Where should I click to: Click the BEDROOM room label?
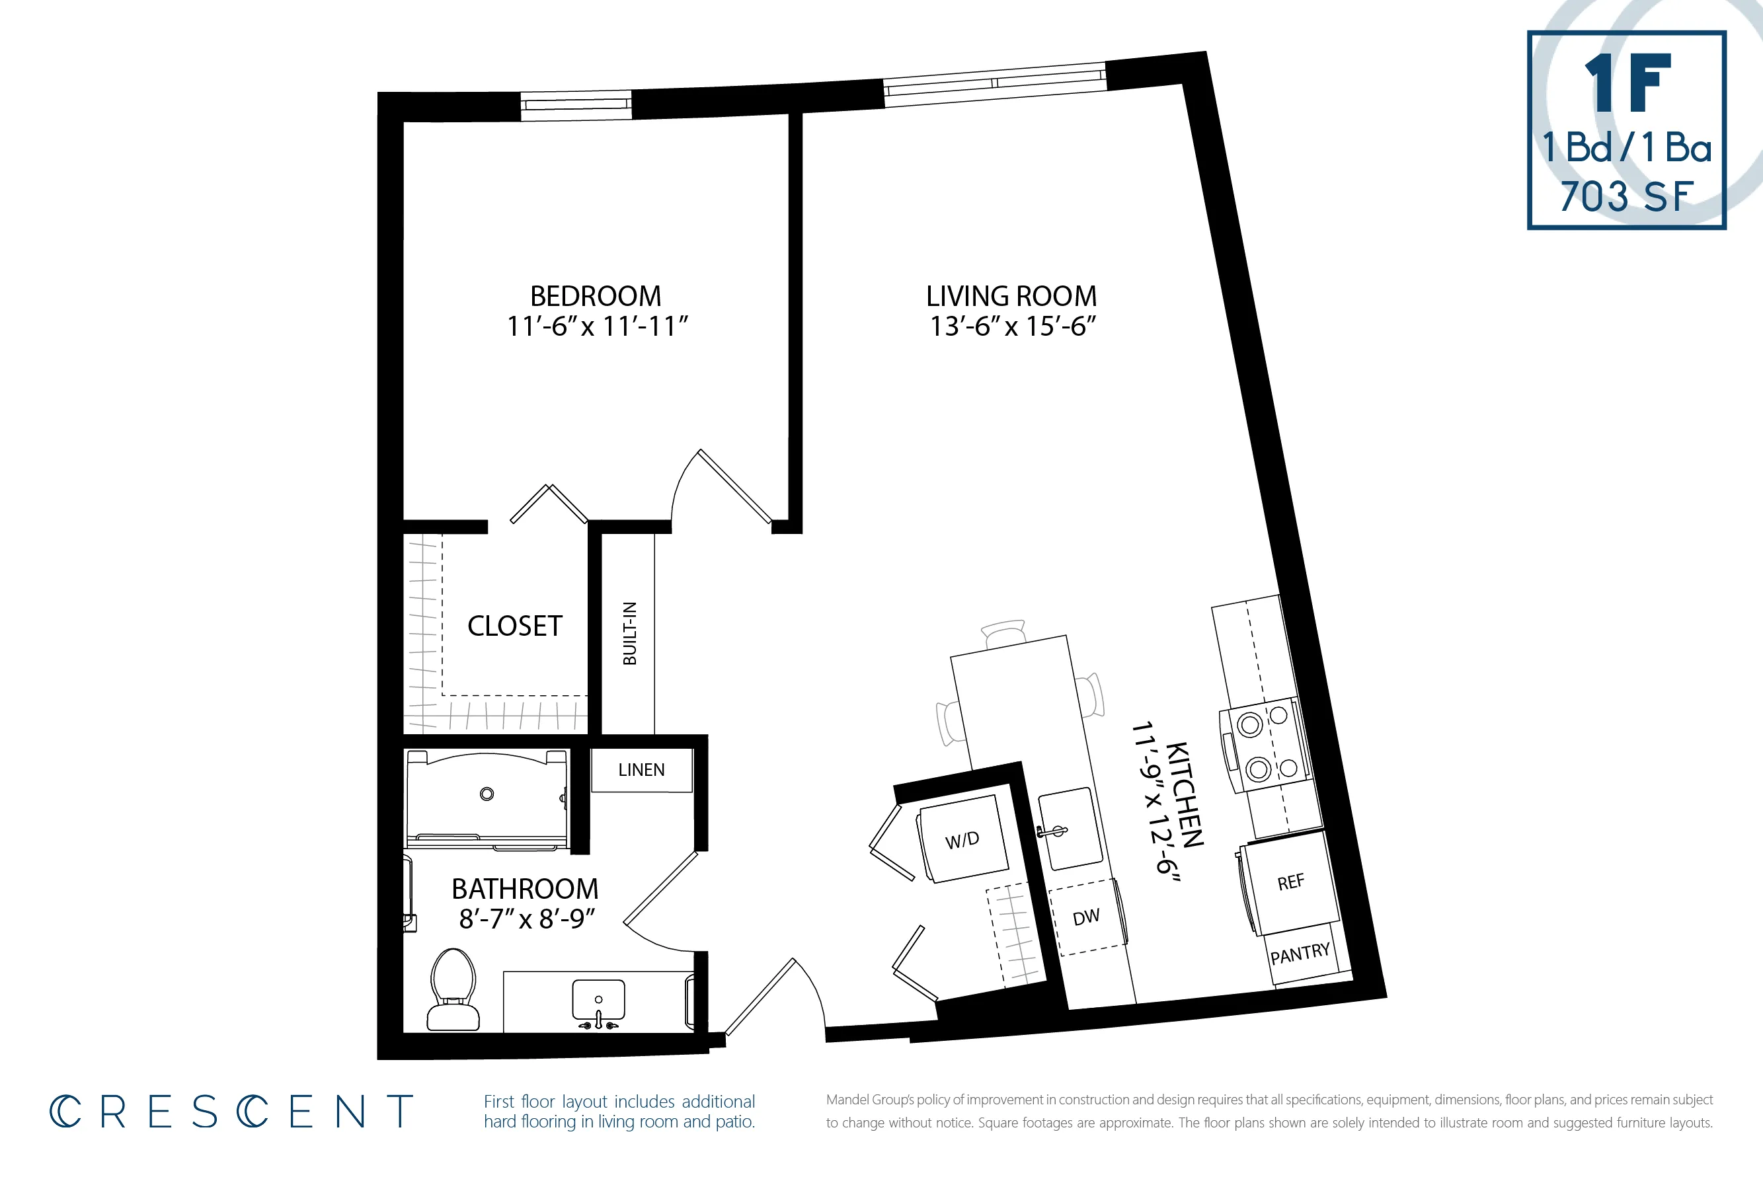coord(596,297)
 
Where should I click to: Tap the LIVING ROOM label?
coord(1011,297)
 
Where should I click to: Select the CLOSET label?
coord(514,626)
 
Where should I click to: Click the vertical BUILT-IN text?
coord(630,634)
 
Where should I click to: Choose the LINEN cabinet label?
coord(641,770)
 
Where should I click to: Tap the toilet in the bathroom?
coord(453,990)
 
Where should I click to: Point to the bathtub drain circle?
coord(487,794)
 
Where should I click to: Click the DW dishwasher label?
coord(1085,917)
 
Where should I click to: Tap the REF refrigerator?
coord(1290,884)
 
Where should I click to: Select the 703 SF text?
coord(1626,198)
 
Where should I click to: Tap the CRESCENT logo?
coord(231,1112)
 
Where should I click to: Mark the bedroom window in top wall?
coord(576,105)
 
